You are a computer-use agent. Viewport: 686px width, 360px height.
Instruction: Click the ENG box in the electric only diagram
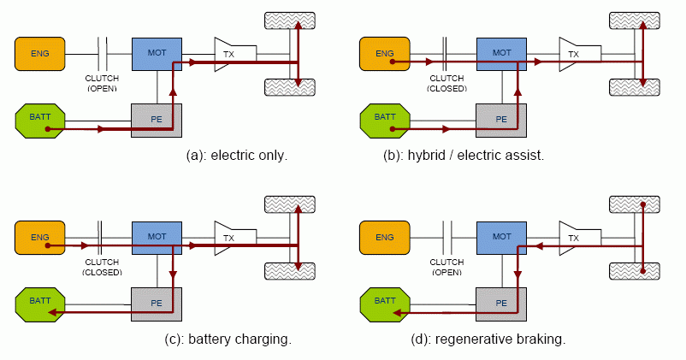point(39,54)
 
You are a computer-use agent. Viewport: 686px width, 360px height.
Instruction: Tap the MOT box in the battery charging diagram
point(157,237)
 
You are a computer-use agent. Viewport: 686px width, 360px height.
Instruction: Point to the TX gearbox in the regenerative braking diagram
point(576,237)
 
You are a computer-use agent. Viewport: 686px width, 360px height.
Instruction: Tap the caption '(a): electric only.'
point(237,156)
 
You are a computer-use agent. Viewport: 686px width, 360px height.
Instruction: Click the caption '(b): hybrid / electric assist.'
point(464,156)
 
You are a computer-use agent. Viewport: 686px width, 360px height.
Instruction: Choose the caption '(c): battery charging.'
point(228,339)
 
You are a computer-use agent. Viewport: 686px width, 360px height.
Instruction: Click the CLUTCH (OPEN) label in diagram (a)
point(102,83)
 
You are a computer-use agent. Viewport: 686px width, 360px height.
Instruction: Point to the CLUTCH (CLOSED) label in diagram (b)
point(446,83)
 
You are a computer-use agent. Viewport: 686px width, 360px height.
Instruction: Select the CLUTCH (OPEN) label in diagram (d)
point(446,267)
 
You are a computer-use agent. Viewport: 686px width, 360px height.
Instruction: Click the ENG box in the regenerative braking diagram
point(385,237)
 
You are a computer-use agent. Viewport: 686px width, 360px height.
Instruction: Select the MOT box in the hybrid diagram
point(501,53)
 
